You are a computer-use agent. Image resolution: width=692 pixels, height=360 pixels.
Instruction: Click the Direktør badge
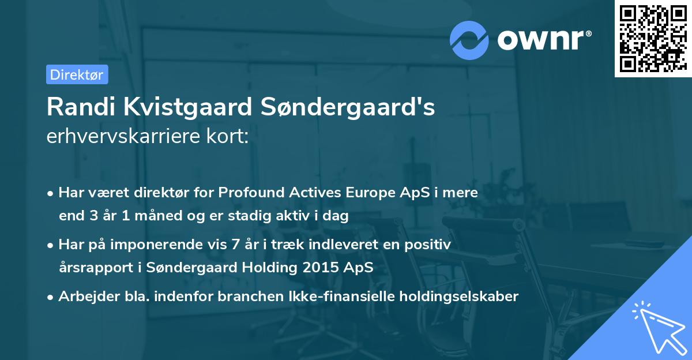[x=77, y=74]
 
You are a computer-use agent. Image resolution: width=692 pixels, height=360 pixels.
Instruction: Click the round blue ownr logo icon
[x=470, y=40]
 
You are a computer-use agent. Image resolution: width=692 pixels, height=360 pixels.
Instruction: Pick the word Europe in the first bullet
[x=370, y=193]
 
